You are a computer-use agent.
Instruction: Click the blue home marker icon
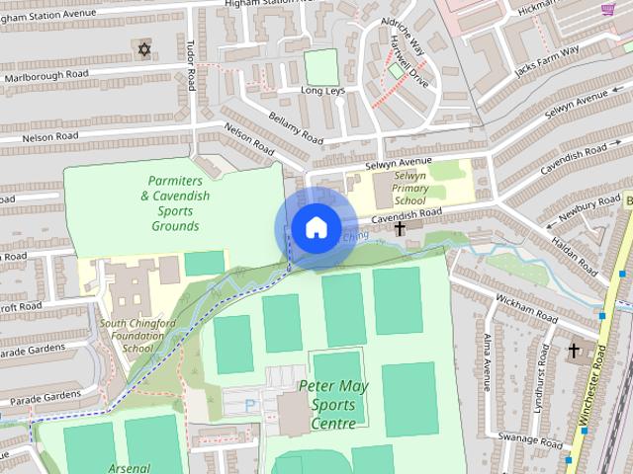pyautogui.click(x=315, y=227)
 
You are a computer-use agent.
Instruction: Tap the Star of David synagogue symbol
pyautogui.click(x=144, y=48)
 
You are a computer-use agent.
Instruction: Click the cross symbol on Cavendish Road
pyautogui.click(x=400, y=229)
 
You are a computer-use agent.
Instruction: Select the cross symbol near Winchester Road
pyautogui.click(x=574, y=350)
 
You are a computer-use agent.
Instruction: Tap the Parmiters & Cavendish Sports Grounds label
pyautogui.click(x=175, y=203)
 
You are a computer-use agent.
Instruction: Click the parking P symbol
pyautogui.click(x=249, y=404)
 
